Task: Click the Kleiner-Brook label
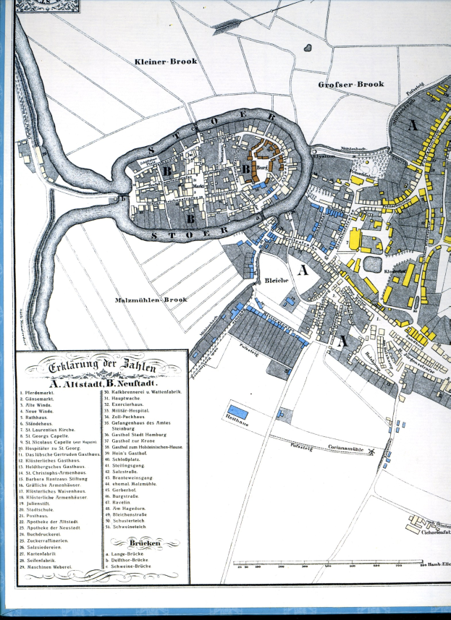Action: point(166,62)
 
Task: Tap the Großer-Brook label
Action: point(350,85)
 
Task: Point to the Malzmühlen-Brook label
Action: point(151,300)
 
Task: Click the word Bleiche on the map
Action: point(277,280)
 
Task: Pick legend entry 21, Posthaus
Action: point(39,515)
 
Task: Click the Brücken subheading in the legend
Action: point(145,542)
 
